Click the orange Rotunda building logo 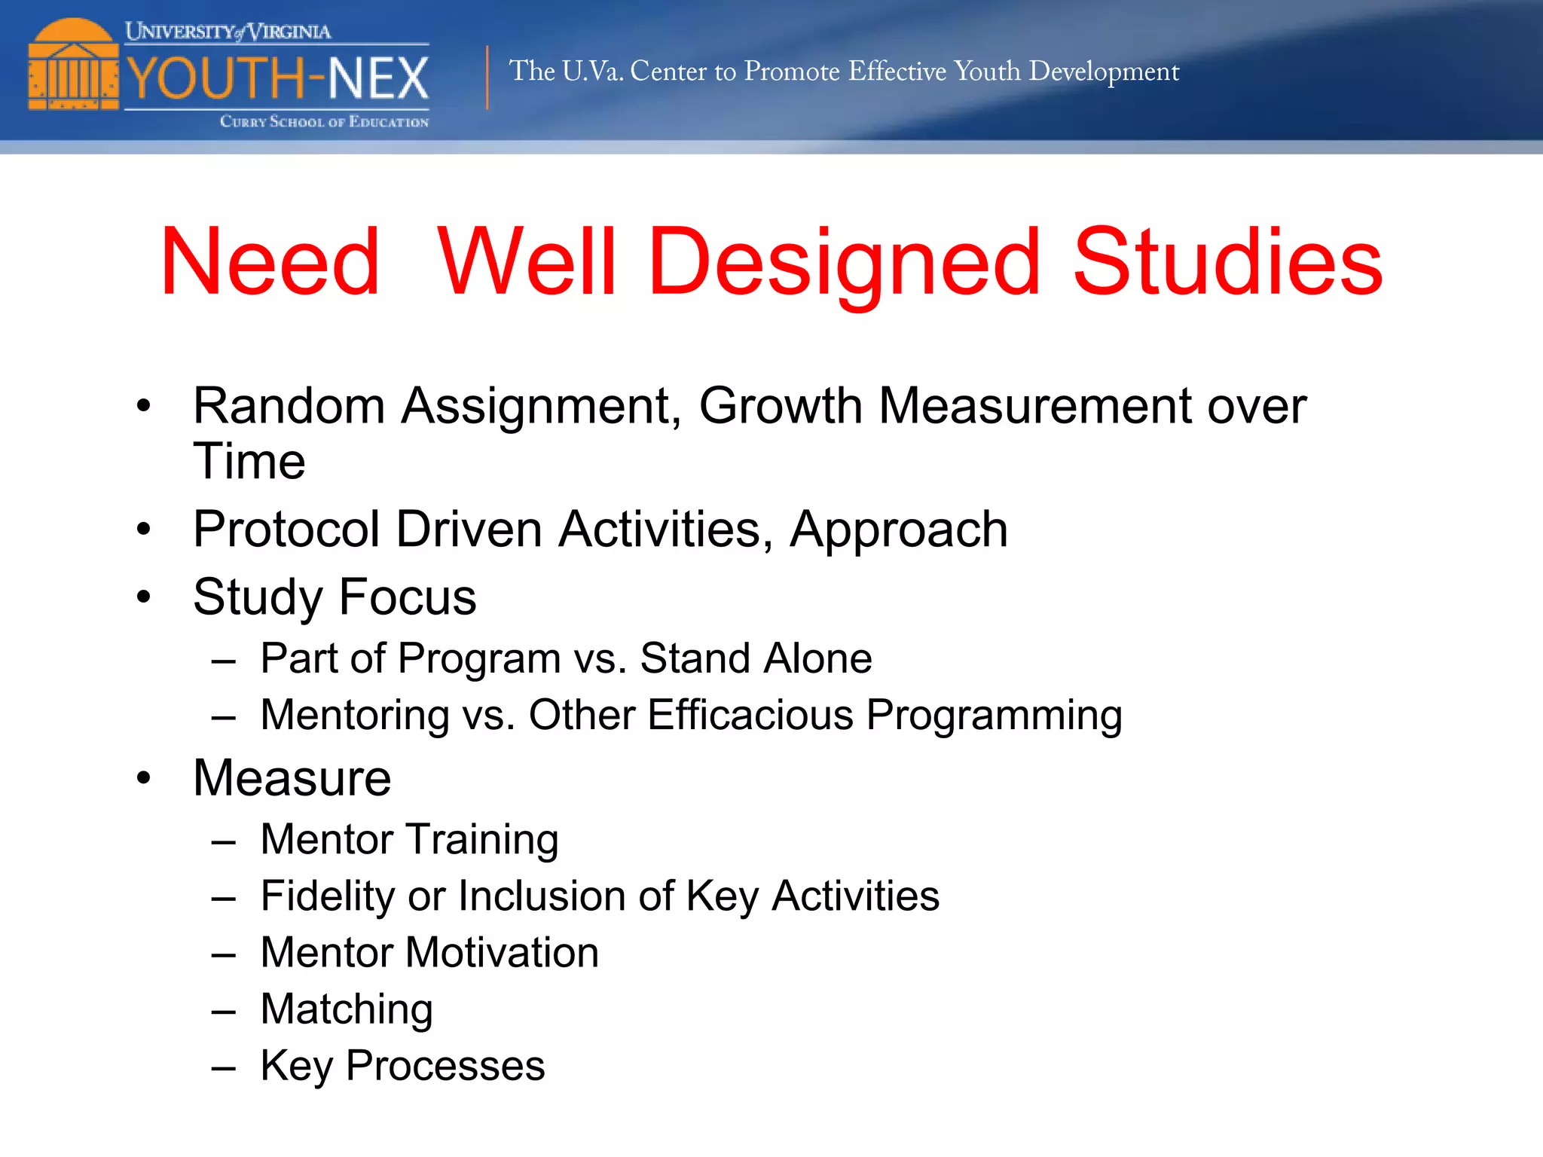[73, 66]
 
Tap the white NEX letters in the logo [378, 78]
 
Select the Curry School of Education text [324, 121]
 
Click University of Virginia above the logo [228, 32]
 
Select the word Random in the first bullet [289, 406]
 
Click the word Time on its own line [249, 461]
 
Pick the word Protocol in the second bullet [286, 529]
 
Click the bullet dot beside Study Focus [144, 597]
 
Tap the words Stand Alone [756, 658]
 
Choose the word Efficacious [750, 715]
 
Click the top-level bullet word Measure [292, 778]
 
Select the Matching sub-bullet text [347, 1009]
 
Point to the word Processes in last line [445, 1066]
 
